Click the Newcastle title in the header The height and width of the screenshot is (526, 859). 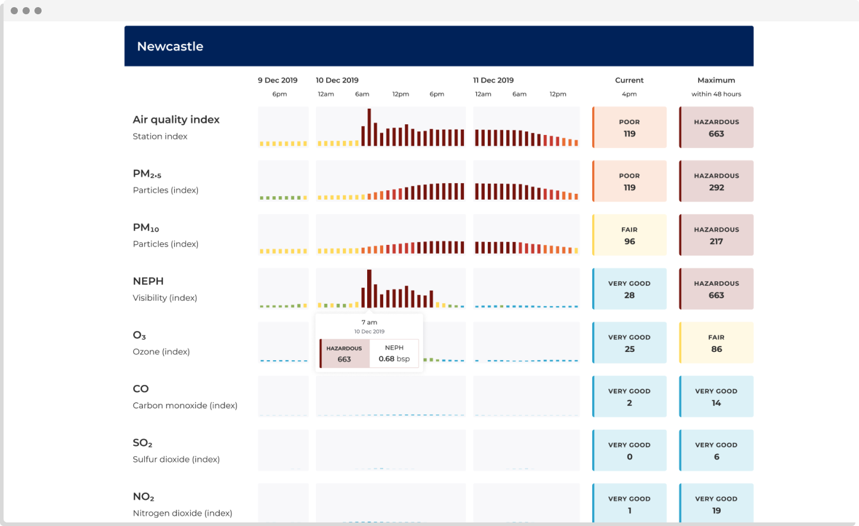170,46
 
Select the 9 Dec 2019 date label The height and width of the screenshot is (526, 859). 277,80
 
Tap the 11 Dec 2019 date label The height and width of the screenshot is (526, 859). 493,80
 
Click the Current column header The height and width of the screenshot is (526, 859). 629,80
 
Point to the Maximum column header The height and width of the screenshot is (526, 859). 716,80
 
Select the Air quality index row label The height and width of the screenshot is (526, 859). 176,119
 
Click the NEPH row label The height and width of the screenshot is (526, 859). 148,281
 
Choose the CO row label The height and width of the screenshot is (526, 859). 141,389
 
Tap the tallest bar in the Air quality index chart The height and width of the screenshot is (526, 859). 369,127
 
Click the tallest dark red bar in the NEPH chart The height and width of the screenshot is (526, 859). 369,289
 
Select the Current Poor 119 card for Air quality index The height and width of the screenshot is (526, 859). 630,127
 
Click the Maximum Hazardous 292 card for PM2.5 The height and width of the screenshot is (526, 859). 716,181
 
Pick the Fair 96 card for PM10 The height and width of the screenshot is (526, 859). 630,235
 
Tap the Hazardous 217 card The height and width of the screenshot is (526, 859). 716,235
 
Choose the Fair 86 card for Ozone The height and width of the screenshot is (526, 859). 716,343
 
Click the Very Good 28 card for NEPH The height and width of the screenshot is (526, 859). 630,289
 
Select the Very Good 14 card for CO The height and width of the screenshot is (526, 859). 716,397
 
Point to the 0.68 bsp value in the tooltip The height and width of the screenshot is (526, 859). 394,359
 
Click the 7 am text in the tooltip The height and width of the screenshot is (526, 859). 369,322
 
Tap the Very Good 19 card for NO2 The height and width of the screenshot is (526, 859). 716,504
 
